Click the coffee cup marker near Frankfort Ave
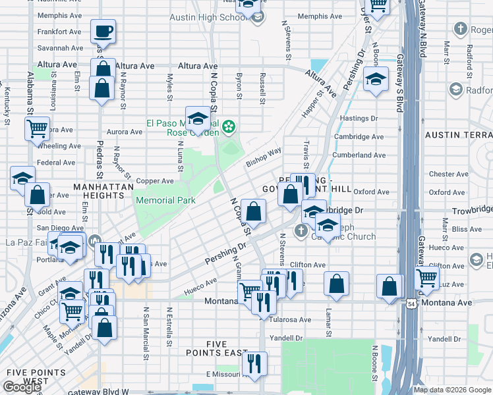pyautogui.click(x=103, y=30)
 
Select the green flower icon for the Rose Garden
pyautogui.click(x=229, y=125)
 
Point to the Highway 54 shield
pyautogui.click(x=411, y=303)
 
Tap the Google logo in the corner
pyautogui.click(x=22, y=387)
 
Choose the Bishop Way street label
pyautogui.click(x=264, y=157)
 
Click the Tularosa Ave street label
pyautogui.click(x=291, y=320)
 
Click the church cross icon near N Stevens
pyautogui.click(x=301, y=230)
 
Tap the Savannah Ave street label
pyautogui.click(x=61, y=48)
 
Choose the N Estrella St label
pyautogui.click(x=169, y=325)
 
